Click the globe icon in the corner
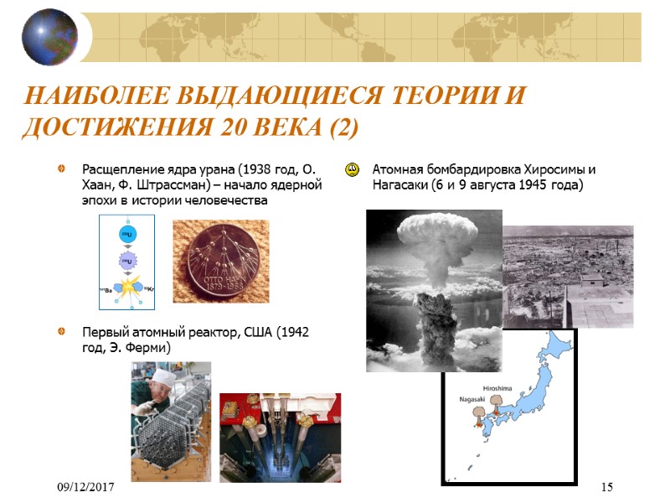click(x=49, y=36)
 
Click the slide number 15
click(x=608, y=488)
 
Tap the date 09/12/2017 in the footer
click(x=86, y=488)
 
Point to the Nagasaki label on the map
click(x=472, y=400)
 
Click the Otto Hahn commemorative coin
click(x=220, y=262)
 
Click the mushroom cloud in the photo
click(x=433, y=243)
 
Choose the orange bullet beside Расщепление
click(x=60, y=169)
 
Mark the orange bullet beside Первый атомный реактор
click(x=60, y=333)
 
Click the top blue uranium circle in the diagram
click(x=127, y=233)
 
